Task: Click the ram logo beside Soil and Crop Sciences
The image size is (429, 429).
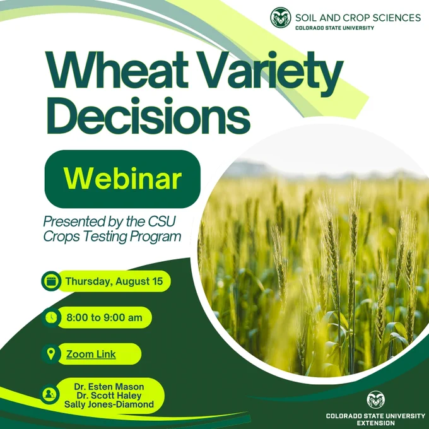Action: [x=281, y=18]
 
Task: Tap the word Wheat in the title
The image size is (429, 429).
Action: [x=117, y=70]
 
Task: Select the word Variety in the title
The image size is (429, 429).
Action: [x=271, y=73]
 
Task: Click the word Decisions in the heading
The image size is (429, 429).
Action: [x=148, y=115]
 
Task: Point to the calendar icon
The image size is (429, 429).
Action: [x=51, y=281]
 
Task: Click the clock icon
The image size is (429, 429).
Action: [x=51, y=317]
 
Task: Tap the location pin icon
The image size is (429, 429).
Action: [x=51, y=354]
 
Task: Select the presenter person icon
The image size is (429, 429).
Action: [x=49, y=394]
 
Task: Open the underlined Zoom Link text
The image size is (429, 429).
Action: [x=91, y=354]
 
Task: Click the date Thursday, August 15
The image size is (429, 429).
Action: [x=114, y=281]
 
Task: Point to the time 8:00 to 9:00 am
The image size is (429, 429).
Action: [x=105, y=317]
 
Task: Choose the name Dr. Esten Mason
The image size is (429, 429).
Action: [x=109, y=387]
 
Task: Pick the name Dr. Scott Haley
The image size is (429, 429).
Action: [x=109, y=396]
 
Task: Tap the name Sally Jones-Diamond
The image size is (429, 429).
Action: [x=109, y=404]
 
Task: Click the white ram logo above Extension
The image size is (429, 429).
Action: [x=375, y=400]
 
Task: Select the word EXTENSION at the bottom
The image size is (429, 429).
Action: [x=375, y=423]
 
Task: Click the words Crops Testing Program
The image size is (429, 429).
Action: [x=112, y=237]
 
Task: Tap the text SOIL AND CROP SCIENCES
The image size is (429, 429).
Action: [x=358, y=18]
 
